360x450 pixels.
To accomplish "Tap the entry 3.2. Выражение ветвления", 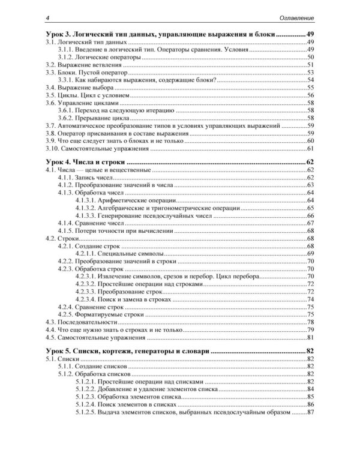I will click(x=84, y=64).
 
